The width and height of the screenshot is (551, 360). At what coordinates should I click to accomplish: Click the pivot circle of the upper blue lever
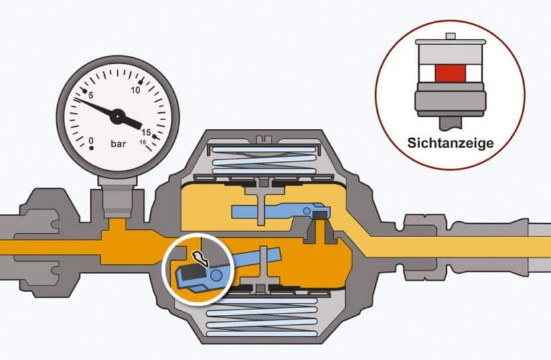(307, 211)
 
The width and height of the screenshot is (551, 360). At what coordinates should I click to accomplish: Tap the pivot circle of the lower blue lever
(216, 276)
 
